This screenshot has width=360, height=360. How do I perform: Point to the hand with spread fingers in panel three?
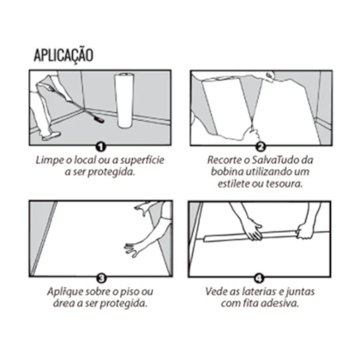click(x=135, y=249)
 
